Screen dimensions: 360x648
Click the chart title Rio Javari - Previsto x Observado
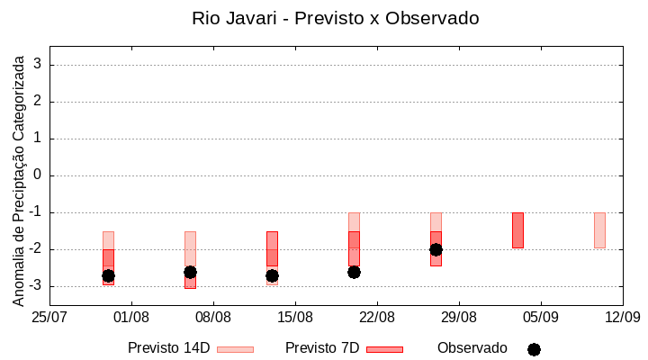pos(335,18)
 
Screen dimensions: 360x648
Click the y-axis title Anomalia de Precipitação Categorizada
pos(19,178)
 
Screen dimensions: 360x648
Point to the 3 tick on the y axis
pos(38,65)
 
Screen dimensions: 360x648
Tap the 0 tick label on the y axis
pos(38,175)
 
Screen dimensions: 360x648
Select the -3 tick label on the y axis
pos(35,286)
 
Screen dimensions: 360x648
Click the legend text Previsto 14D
pos(168,348)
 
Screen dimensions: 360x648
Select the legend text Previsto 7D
pos(321,348)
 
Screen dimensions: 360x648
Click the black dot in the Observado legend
pos(534,349)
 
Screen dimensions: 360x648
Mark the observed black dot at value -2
pos(436,249)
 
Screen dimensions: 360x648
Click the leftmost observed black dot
pos(108,275)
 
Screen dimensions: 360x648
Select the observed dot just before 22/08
pos(354,272)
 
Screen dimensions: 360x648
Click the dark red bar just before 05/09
pos(517,230)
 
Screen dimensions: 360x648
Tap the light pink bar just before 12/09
pos(599,230)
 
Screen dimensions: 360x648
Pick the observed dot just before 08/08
pos(190,272)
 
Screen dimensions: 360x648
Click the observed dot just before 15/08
pos(272,275)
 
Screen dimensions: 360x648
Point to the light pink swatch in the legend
pos(235,349)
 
